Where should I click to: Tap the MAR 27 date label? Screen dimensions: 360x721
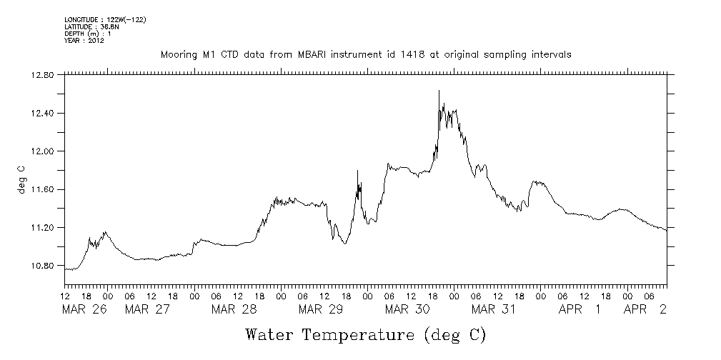tap(147, 309)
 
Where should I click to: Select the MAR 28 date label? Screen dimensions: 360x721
tap(234, 309)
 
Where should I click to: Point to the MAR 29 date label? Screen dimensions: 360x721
tap(321, 309)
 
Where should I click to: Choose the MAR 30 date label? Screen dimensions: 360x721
tap(407, 309)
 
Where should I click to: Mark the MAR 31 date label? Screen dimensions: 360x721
tap(494, 309)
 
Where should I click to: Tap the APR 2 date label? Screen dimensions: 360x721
tap(646, 309)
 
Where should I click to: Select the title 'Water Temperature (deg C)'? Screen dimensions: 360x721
tap(365, 334)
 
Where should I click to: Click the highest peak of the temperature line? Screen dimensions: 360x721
tap(439, 91)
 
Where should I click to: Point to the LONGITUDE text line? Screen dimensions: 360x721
tap(105, 19)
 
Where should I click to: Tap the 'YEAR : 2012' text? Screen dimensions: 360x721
tap(84, 41)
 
